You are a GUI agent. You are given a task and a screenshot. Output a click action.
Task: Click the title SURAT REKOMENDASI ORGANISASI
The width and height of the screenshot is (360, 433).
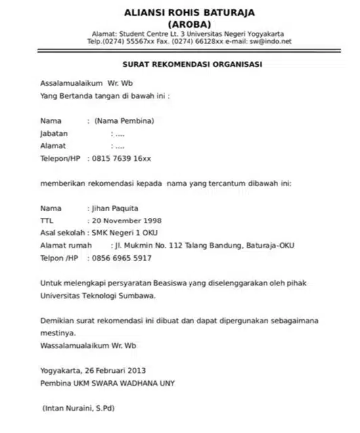(x=192, y=64)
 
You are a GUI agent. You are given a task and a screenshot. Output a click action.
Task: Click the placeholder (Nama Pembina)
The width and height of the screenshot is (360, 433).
(x=125, y=121)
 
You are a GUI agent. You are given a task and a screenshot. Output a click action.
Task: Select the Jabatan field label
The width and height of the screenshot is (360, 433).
(x=54, y=134)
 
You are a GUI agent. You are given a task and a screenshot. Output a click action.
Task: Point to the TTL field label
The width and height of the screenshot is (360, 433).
(x=48, y=221)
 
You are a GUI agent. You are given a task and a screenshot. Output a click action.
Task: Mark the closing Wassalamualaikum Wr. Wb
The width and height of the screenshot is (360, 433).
(x=89, y=345)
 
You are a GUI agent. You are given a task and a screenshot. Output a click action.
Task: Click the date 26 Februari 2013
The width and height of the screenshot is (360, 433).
(x=116, y=371)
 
